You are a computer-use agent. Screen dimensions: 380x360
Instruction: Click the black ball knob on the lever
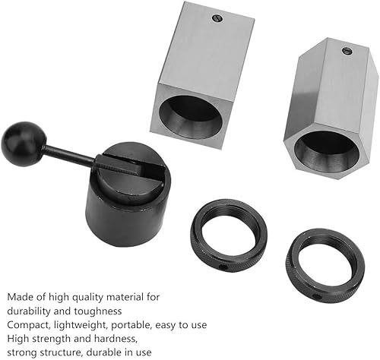pos(24,144)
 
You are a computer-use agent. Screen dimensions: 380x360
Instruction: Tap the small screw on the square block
pos(217,18)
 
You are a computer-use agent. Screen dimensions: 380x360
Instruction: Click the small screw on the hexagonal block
pos(347,51)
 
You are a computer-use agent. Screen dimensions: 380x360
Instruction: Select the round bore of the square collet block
pos(191,117)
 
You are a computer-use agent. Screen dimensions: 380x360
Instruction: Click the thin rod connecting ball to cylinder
pos(71,153)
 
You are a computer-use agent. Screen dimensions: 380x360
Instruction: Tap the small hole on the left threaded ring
pos(223,267)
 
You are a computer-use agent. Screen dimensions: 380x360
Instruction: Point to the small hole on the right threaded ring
pos(316,295)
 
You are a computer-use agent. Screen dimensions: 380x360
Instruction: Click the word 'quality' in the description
pos(87,297)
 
